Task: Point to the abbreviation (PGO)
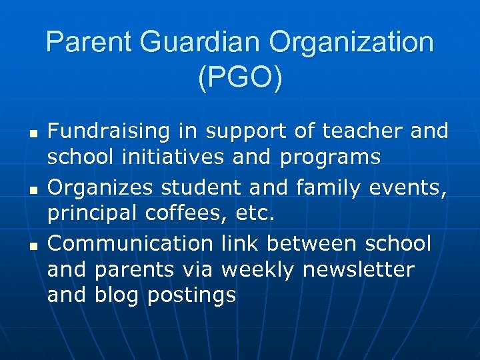[240, 77]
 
